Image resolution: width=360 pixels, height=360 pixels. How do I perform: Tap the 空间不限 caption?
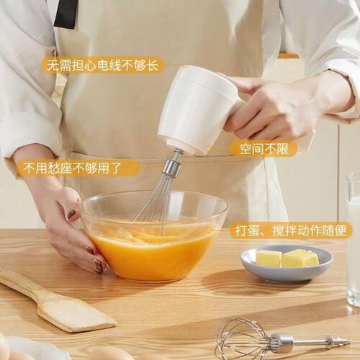[263, 149]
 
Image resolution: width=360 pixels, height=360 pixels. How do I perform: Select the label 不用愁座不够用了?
[78, 168]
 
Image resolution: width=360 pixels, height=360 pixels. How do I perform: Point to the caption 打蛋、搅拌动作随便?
[291, 230]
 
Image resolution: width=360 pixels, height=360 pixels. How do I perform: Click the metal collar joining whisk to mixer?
[172, 166]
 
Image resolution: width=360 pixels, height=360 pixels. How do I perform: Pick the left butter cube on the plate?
[269, 258]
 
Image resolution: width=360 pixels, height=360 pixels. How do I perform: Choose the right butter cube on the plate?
[300, 258]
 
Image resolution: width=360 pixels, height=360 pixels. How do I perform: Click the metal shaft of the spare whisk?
[310, 342]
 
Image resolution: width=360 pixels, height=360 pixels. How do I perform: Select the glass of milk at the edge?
[353, 238]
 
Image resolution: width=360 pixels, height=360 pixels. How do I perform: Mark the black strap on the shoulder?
[66, 13]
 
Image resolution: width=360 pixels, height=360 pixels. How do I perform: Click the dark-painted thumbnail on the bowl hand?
[73, 214]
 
